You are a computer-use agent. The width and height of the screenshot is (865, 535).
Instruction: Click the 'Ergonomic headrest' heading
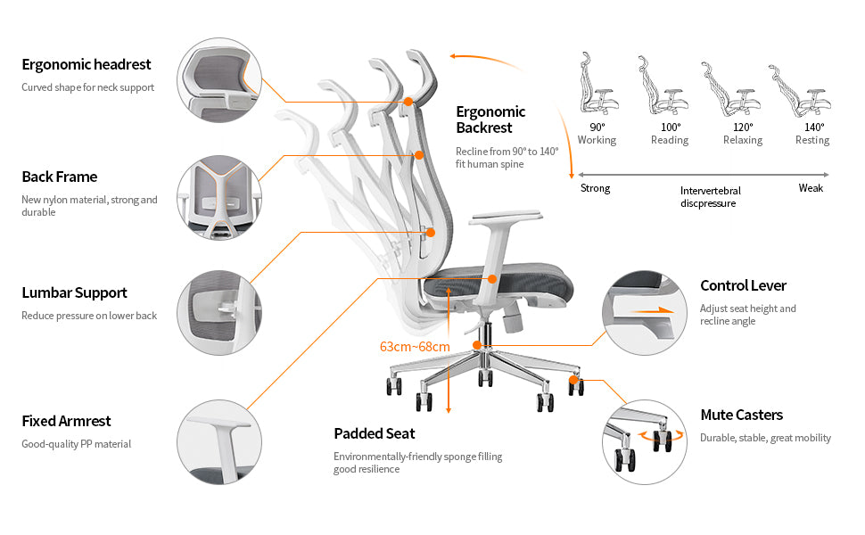86,64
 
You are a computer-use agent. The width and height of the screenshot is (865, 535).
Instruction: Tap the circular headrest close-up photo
218,80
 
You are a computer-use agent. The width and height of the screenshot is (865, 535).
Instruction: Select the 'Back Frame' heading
60,177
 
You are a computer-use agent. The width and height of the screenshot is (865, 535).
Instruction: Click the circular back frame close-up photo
218,198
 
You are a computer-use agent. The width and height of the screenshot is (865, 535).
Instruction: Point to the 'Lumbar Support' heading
74,292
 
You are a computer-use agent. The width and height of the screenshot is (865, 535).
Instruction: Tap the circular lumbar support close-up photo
218,313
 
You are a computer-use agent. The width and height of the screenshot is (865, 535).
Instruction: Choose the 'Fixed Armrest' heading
66,421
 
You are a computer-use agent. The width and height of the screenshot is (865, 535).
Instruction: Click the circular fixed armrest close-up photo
218,441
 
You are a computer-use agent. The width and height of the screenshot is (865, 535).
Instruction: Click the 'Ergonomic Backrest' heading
490,119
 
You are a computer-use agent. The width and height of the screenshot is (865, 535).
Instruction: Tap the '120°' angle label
743,127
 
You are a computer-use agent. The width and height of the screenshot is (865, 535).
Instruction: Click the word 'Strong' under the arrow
596,188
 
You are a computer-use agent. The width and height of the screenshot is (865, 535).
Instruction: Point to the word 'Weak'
811,188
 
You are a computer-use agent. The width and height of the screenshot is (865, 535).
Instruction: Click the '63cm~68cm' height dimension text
415,346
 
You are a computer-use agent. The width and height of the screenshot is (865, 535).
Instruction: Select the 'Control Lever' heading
743,285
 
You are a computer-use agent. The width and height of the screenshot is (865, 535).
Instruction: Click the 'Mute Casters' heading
741,415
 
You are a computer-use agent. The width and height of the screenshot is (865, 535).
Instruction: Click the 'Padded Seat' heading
375,433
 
